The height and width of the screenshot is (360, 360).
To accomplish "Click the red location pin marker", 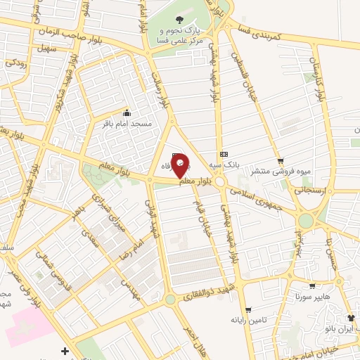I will coord(181,166).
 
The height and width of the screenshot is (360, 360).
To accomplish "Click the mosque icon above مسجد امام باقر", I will coord(127,112).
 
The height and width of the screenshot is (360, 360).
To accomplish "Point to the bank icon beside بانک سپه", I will coord(224,154).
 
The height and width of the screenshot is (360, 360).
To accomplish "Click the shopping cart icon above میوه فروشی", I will coord(281,160).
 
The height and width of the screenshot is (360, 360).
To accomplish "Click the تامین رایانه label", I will coord(247,320).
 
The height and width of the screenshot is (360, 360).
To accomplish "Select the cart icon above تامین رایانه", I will coord(247,309).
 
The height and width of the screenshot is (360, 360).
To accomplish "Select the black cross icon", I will coord(65,350).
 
